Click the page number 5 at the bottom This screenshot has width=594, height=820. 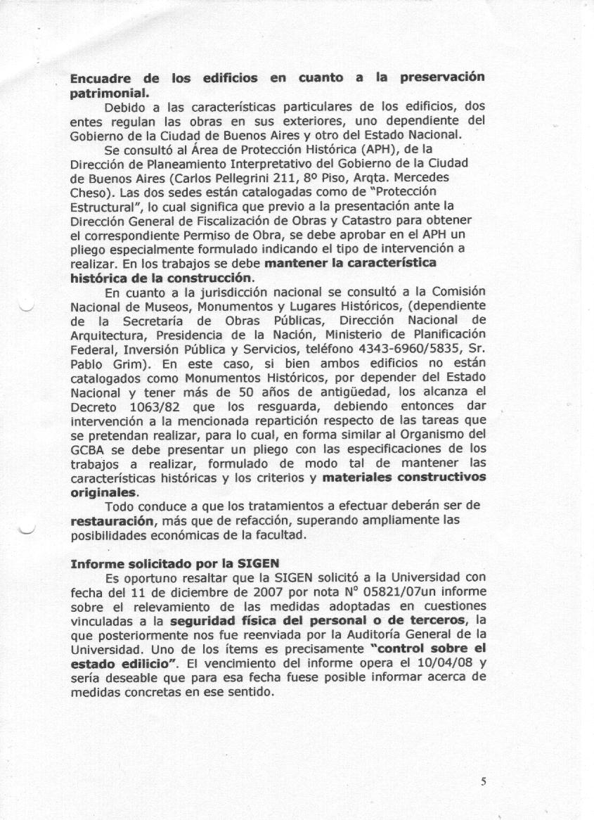click(484, 781)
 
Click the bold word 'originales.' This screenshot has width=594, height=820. click(105, 493)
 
